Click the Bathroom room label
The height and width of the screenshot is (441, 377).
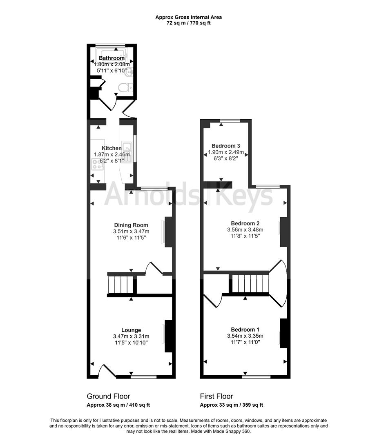click(x=112, y=58)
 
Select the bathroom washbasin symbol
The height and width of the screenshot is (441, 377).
click(x=129, y=73)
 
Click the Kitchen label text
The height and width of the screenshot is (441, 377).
click(x=112, y=148)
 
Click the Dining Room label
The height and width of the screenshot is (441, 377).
click(x=131, y=225)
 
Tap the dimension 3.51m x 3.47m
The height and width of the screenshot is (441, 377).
click(x=131, y=232)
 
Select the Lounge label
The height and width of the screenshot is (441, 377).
click(x=131, y=330)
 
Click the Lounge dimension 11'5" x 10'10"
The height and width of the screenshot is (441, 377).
click(x=131, y=343)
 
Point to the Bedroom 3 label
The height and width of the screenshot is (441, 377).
click(x=226, y=146)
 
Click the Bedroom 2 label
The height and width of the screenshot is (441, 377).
click(x=245, y=223)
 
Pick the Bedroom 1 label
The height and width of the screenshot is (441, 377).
click(x=245, y=330)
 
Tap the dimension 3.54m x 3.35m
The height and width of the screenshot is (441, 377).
click(x=245, y=336)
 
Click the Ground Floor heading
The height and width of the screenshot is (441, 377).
click(x=108, y=396)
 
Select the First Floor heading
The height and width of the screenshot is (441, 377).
click(x=216, y=396)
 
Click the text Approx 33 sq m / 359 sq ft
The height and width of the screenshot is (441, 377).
click(x=231, y=405)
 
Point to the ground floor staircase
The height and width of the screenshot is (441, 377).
click(x=120, y=285)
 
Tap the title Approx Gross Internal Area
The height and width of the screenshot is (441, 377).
click(x=188, y=17)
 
